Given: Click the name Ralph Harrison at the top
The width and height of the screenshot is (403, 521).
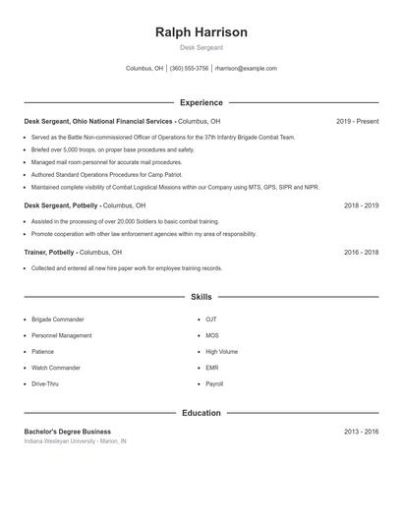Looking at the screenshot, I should click(x=201, y=31).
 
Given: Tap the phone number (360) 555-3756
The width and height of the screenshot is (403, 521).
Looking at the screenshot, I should click(x=189, y=69).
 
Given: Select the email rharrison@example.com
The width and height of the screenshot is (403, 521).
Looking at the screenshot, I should click(x=246, y=69).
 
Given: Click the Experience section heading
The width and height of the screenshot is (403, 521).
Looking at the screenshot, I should click(x=201, y=102).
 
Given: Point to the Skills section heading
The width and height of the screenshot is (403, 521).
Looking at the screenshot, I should click(x=201, y=296).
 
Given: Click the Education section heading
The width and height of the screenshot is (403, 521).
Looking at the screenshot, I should click(x=201, y=413).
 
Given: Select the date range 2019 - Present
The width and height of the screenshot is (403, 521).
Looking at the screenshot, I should click(x=357, y=121).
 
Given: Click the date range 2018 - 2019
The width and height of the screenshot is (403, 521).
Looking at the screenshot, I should click(x=361, y=205).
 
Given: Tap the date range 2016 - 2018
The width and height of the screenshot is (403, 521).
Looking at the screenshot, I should click(x=361, y=253).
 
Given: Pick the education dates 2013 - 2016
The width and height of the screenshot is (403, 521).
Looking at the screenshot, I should click(x=361, y=432).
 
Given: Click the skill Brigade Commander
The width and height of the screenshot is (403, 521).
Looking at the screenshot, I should click(x=58, y=319).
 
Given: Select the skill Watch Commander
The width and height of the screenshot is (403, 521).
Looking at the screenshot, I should click(x=57, y=368).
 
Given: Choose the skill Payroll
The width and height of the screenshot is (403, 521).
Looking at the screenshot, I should click(x=214, y=383).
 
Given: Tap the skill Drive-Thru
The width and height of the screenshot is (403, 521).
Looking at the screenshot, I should click(x=46, y=383).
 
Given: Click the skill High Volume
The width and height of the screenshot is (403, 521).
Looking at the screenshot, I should click(x=221, y=351).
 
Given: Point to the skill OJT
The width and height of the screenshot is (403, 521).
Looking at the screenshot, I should click(x=211, y=319).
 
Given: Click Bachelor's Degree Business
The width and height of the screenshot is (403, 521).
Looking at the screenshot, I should click(x=68, y=432).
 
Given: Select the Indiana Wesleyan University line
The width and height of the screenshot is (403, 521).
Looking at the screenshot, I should click(x=76, y=441).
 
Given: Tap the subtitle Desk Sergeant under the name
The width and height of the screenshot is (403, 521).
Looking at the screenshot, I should click(x=201, y=47).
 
